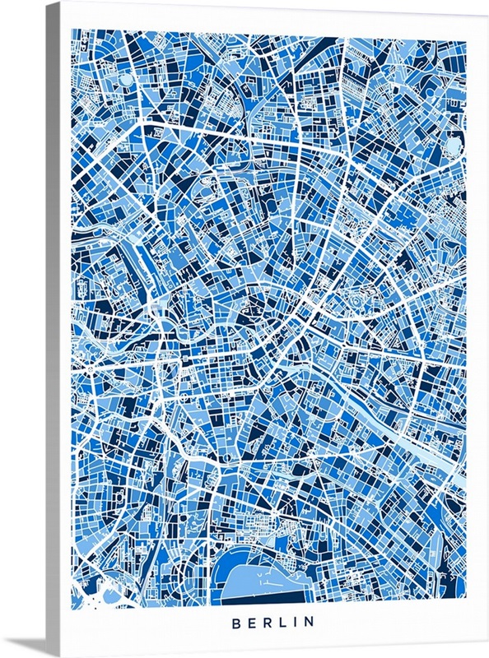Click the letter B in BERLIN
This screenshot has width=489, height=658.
(236, 623)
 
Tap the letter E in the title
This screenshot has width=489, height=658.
(252, 623)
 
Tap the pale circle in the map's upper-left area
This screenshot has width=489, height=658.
(125, 80)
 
